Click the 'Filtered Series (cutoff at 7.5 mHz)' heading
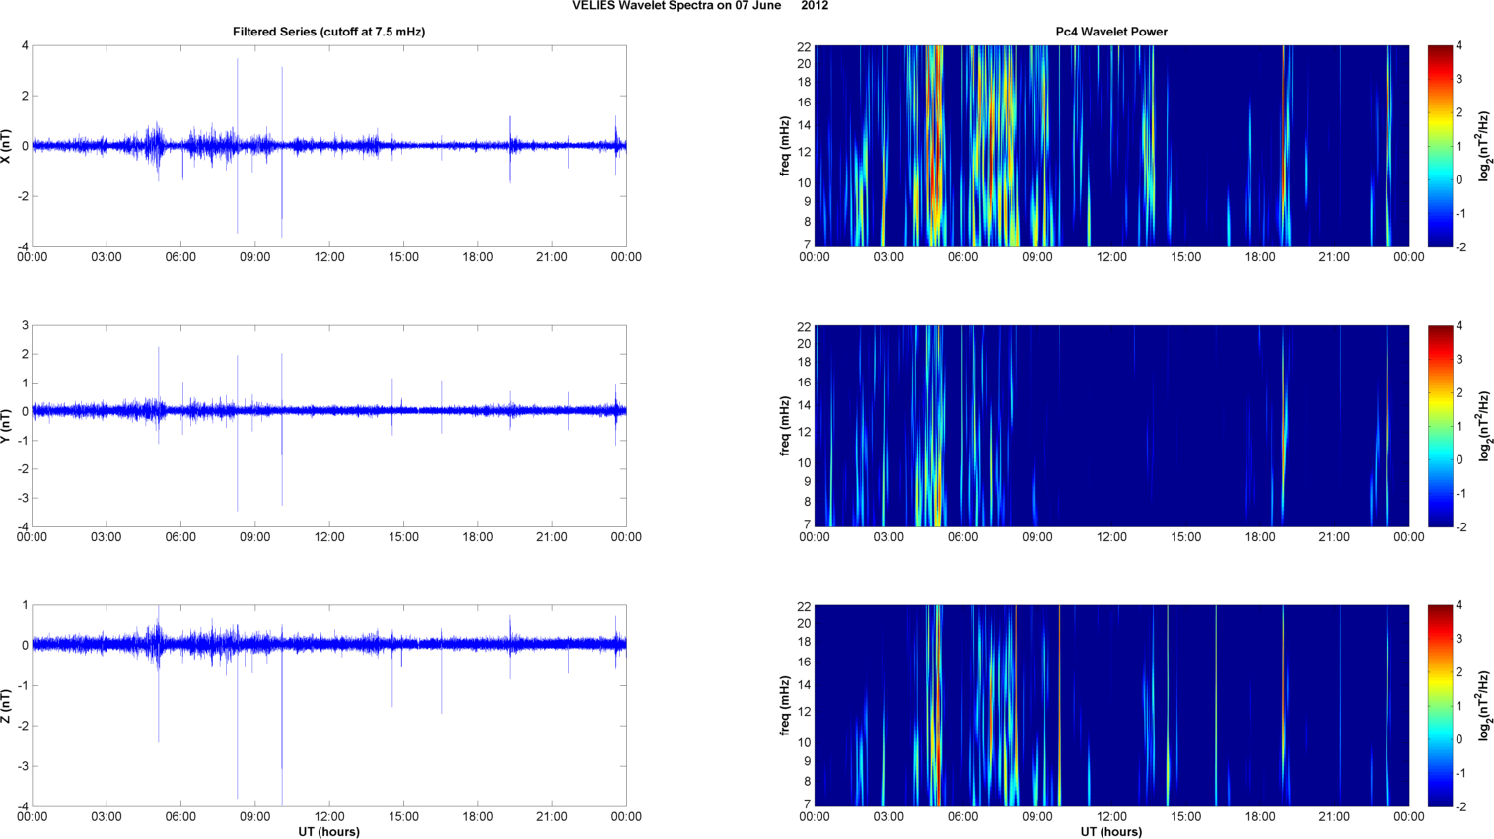click(328, 32)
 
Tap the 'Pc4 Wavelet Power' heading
click(1111, 32)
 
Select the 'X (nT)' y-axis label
click(7, 146)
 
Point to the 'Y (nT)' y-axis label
click(7, 426)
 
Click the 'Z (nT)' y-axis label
click(7, 706)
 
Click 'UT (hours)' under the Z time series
click(328, 832)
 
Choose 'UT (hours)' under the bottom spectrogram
click(1111, 832)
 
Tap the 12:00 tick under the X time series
click(329, 257)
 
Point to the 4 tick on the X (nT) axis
click(25, 46)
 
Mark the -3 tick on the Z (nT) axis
click(22, 766)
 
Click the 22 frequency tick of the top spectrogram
click(804, 46)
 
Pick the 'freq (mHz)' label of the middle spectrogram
click(785, 426)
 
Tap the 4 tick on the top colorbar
click(1459, 46)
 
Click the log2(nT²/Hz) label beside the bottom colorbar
click(1484, 706)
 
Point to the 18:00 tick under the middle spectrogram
click(1260, 537)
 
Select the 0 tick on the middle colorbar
click(1459, 460)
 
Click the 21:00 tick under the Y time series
click(552, 537)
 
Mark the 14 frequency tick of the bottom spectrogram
click(804, 685)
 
